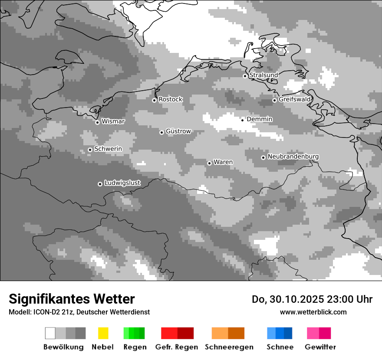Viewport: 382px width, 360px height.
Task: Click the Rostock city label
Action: [x=170, y=99]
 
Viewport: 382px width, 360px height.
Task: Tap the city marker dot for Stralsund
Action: [x=245, y=76]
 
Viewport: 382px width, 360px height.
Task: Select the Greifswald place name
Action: [x=295, y=99]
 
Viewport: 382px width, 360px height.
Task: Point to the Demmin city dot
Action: [x=243, y=120]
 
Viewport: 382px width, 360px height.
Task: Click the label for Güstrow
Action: [x=178, y=131]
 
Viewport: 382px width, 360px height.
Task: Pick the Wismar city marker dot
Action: [x=97, y=122]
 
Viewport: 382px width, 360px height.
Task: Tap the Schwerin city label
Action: [x=108, y=149]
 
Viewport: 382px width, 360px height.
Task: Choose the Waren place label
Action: [x=223, y=162]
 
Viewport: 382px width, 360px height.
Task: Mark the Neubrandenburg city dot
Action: [x=263, y=157]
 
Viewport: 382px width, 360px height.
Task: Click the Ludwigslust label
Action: [x=122, y=183]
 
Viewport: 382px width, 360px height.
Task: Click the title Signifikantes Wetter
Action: [x=72, y=299]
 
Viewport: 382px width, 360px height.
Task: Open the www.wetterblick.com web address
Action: [x=313, y=312]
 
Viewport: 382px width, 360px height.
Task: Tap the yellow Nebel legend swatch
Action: [x=103, y=333]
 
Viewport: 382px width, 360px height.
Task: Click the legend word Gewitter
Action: [x=320, y=347]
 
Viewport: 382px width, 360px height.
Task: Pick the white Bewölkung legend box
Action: [x=50, y=333]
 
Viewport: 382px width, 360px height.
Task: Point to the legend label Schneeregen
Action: [x=229, y=347]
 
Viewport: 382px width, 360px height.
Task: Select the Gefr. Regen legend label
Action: [x=177, y=347]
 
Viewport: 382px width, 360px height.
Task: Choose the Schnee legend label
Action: [x=280, y=347]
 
